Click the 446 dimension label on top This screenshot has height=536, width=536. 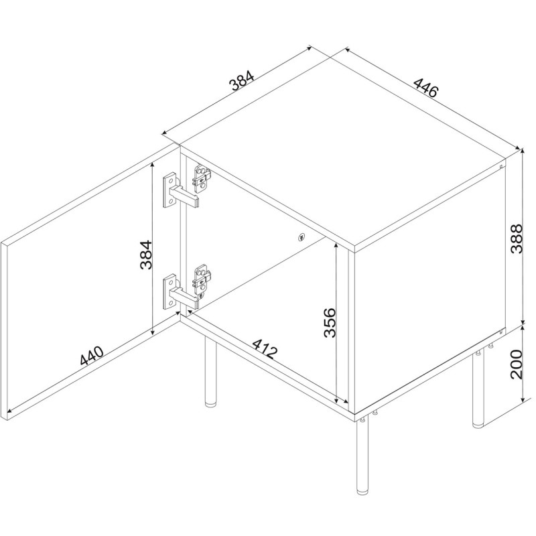click(425, 88)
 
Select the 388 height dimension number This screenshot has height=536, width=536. click(517, 239)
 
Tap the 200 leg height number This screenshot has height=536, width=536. click(517, 364)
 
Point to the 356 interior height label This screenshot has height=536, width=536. click(330, 323)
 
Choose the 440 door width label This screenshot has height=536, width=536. click(91, 356)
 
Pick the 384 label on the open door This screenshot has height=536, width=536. click(145, 255)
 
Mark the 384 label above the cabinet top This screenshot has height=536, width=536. click(242, 80)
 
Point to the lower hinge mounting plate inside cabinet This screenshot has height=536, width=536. click(202, 279)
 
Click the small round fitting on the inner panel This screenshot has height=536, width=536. click(301, 237)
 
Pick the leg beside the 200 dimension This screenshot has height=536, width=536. click(478, 390)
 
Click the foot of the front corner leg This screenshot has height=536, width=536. click(362, 492)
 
